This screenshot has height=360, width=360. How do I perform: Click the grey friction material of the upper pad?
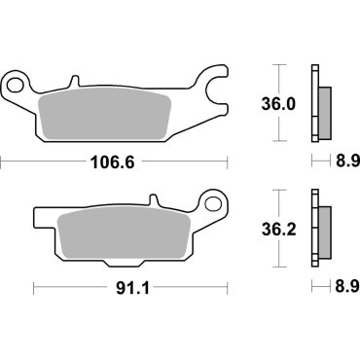107,115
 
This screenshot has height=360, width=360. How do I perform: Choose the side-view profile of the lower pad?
318,230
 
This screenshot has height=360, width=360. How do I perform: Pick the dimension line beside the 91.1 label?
68,289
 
